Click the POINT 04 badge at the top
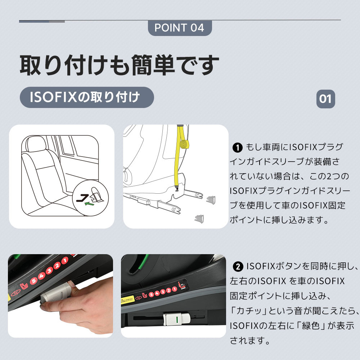[x=180, y=28]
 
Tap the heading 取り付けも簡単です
[x=120, y=65]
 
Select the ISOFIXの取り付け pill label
[x=87, y=97]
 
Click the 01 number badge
[x=325, y=99]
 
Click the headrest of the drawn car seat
[x=36, y=143]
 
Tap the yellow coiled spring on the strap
[x=185, y=145]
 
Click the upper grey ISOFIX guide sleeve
[x=211, y=199]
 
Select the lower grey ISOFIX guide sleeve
[x=199, y=219]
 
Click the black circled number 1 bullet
[x=237, y=148]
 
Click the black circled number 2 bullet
[x=238, y=266]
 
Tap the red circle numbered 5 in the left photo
[x=34, y=280]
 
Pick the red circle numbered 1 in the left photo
[x=65, y=260]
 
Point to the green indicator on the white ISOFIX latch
[x=177, y=319]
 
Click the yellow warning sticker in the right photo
[x=127, y=300]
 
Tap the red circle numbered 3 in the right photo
[x=163, y=292]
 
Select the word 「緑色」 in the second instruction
[x=311, y=326]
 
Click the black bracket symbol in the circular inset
[x=83, y=197]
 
